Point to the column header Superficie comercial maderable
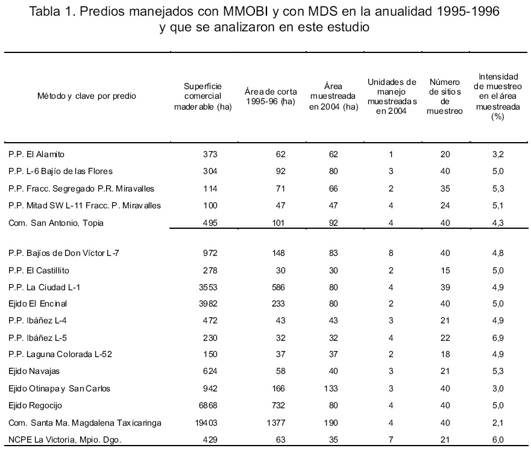tap(203, 96)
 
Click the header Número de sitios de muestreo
tap(445, 96)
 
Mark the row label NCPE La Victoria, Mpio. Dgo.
tap(65, 440)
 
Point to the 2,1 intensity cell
tap(498, 423)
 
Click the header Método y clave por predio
tap(87, 96)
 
